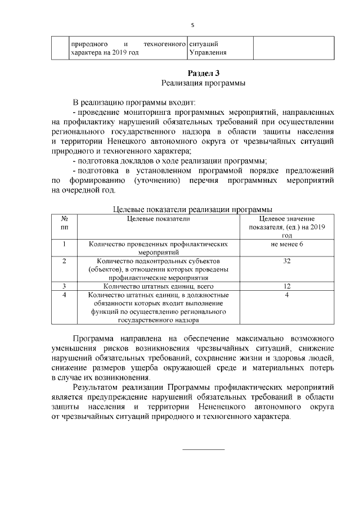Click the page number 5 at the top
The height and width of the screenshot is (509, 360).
click(192, 25)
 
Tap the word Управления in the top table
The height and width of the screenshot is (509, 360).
click(208, 53)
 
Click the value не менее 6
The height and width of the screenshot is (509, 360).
click(287, 244)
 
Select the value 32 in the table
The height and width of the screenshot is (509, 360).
click(287, 261)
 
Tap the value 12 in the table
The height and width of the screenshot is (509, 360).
click(287, 286)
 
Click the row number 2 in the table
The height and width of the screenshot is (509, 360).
click(64, 261)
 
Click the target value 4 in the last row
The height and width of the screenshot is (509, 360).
click(287, 295)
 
